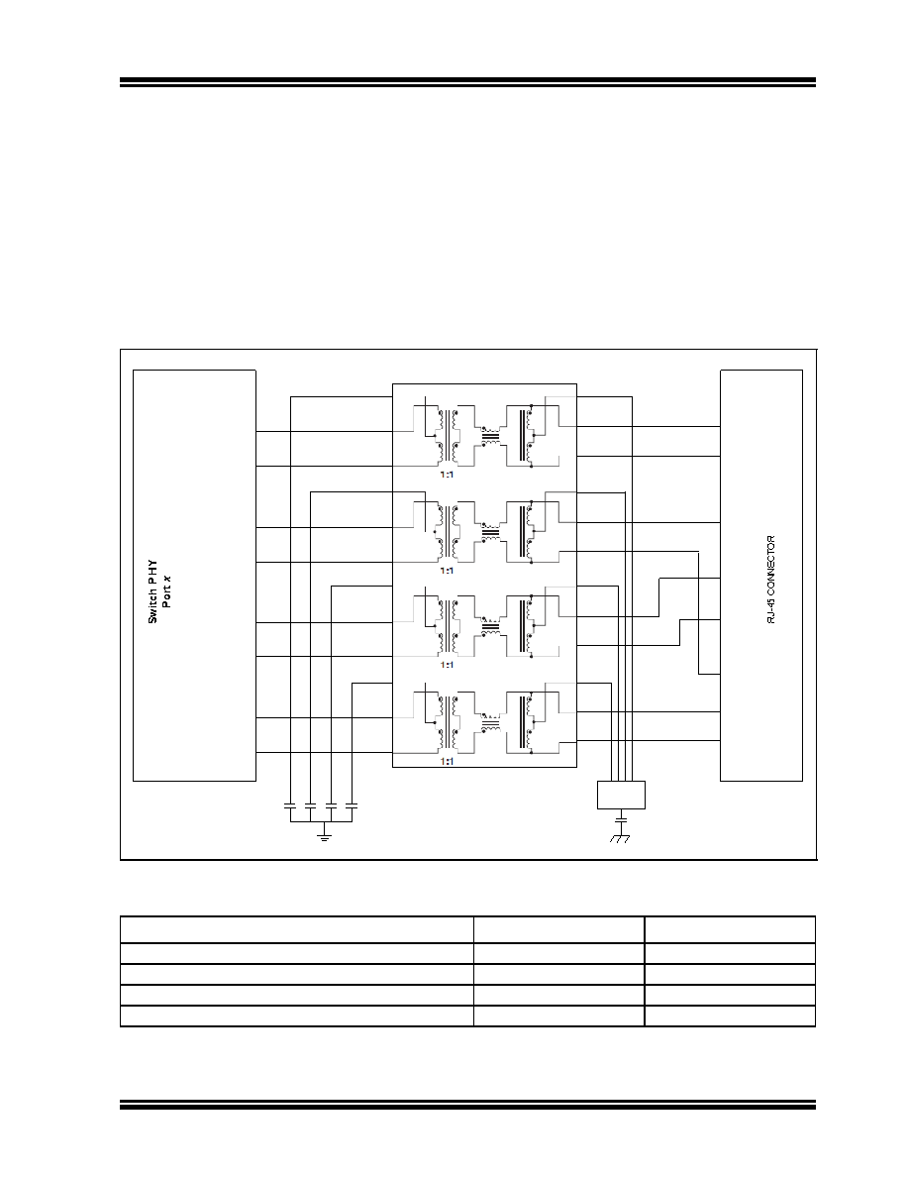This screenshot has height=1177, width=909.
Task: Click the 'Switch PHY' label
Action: tap(152, 591)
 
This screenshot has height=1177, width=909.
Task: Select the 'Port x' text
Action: tap(166, 591)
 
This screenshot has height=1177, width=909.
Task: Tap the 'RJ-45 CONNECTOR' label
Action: tap(771, 580)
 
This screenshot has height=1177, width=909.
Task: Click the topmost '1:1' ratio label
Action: tap(447, 475)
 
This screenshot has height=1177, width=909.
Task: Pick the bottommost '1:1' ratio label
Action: tap(447, 761)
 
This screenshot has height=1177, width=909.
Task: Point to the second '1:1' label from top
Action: tap(447, 571)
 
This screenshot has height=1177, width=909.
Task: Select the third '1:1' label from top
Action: tap(447, 665)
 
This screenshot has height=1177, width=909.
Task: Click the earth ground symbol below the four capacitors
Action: tap(324, 835)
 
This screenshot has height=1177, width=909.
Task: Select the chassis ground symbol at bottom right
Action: tap(620, 838)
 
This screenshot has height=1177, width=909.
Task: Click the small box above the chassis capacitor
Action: tap(621, 795)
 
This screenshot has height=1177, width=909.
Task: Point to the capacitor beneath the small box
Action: tap(620, 816)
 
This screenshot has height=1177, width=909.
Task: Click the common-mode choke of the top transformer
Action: tap(490, 435)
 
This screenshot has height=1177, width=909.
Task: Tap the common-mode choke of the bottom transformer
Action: tap(490, 722)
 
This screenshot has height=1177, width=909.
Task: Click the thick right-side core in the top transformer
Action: tap(521, 435)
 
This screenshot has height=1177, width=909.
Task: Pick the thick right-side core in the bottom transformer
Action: tap(521, 722)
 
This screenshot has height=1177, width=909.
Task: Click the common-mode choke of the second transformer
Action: tap(490, 531)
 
